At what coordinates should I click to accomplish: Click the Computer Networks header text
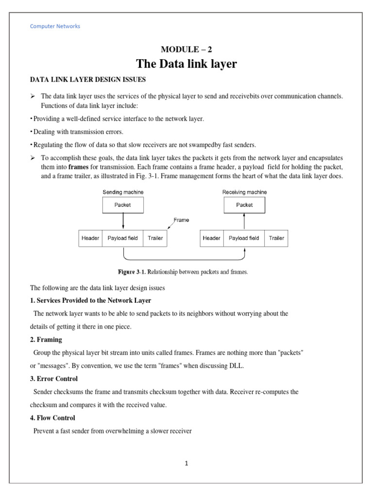(55, 26)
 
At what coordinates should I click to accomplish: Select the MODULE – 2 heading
(186, 49)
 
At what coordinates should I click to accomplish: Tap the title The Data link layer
(186, 64)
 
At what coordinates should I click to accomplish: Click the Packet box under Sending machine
(122, 205)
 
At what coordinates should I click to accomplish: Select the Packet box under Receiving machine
(244, 205)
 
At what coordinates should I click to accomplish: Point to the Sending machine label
(123, 192)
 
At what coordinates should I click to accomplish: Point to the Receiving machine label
(244, 192)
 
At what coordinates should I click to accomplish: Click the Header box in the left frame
(90, 238)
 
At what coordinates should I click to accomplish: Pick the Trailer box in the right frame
(276, 238)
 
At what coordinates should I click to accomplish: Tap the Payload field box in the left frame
(122, 238)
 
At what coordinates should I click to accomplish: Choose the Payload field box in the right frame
(244, 238)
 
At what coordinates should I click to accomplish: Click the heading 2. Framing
(46, 340)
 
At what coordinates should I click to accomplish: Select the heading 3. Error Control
(54, 379)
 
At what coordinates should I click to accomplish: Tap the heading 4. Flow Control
(52, 417)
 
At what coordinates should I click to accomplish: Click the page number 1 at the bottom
(186, 464)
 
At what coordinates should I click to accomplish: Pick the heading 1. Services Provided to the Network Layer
(90, 300)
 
